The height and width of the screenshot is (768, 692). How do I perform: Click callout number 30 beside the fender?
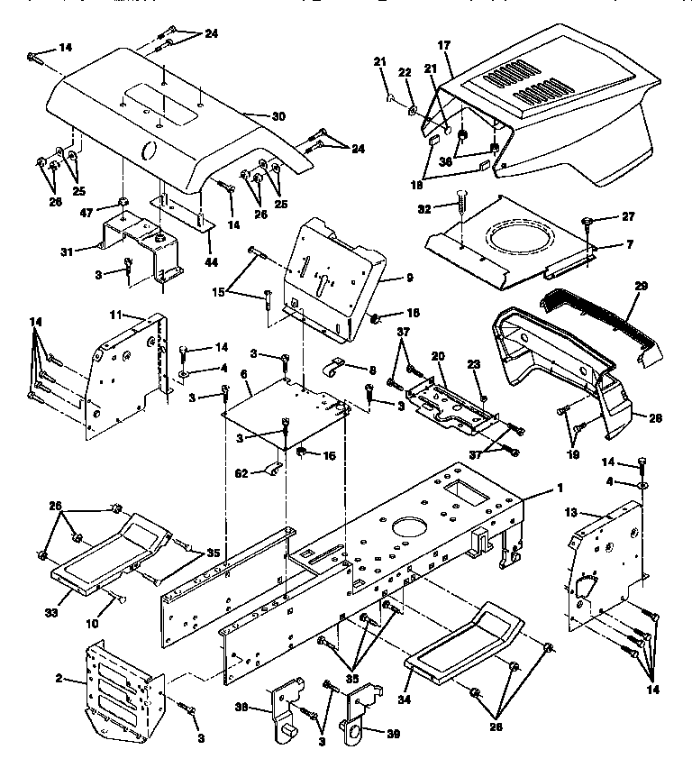click(278, 116)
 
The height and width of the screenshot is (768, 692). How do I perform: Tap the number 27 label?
click(603, 216)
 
